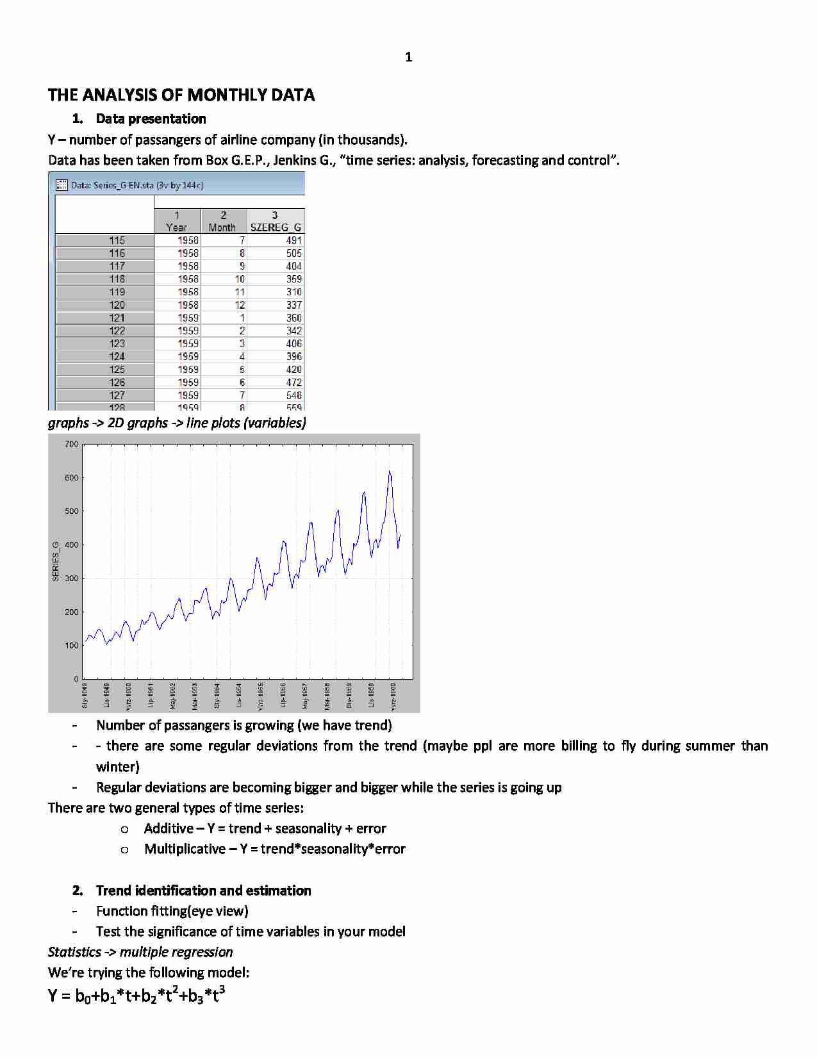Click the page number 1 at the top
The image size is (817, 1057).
409,58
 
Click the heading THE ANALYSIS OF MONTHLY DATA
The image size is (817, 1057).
181,95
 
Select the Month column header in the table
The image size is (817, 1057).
222,222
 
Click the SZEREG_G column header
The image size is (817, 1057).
276,222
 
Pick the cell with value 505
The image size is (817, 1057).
293,253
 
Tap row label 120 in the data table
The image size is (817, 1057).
117,305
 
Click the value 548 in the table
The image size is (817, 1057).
293,395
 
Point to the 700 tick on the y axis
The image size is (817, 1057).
72,444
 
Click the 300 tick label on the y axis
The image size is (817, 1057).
72,578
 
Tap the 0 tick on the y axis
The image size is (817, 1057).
76,679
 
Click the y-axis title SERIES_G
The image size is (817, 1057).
56,561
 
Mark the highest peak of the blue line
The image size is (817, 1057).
389,472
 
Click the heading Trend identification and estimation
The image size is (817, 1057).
203,890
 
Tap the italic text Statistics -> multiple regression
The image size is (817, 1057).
140,952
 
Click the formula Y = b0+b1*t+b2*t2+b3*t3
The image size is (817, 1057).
136,996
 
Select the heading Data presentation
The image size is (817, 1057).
151,119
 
